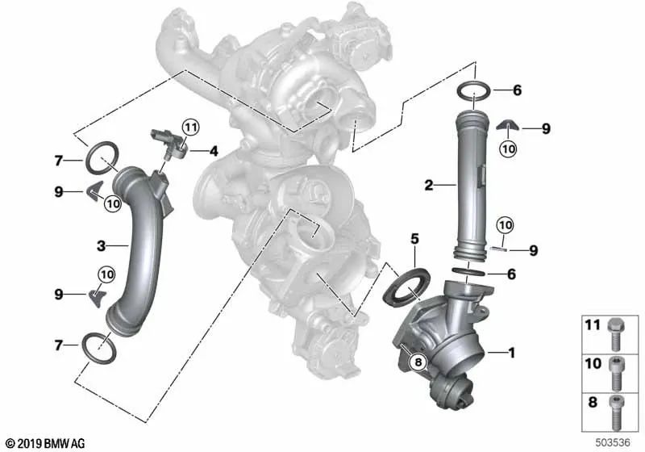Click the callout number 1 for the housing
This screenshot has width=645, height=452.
[511, 353]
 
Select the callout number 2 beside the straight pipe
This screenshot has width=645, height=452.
[429, 186]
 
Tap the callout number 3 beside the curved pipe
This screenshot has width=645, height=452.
[102, 246]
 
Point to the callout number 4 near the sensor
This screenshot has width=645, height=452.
[214, 152]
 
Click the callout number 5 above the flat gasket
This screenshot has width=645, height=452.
[414, 239]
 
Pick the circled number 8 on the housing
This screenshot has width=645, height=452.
[418, 362]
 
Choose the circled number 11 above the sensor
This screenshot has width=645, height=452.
[190, 128]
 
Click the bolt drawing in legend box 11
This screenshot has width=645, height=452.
[616, 333]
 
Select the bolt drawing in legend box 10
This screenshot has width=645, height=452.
[616, 374]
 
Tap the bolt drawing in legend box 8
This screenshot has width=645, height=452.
[616, 412]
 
